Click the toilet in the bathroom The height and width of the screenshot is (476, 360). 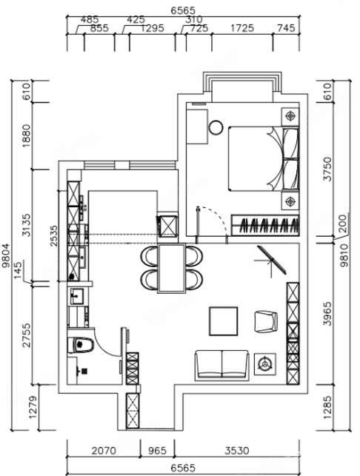[x=80, y=345]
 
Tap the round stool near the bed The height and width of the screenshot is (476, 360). [x=216, y=127]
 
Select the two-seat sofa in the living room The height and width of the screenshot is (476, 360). [x=221, y=365]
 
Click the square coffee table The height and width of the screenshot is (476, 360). [x=223, y=321]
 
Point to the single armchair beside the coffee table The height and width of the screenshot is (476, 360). [x=266, y=321]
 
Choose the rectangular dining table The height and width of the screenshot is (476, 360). [x=171, y=269]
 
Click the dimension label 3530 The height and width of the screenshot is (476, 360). [x=237, y=451]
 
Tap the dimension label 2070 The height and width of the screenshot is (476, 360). [x=104, y=451]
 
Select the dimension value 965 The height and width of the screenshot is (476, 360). [x=157, y=451]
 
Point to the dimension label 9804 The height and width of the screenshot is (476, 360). [x=6, y=255]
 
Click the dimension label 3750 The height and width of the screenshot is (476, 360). [x=328, y=169]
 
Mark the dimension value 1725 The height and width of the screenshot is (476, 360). [x=242, y=28]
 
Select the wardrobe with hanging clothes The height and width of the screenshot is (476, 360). [x=265, y=225]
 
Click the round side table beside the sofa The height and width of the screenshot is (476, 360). [x=265, y=364]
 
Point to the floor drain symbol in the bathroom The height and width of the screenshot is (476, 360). [x=84, y=371]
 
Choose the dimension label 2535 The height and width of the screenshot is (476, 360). [x=54, y=236]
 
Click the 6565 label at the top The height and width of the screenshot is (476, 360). [x=183, y=10]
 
